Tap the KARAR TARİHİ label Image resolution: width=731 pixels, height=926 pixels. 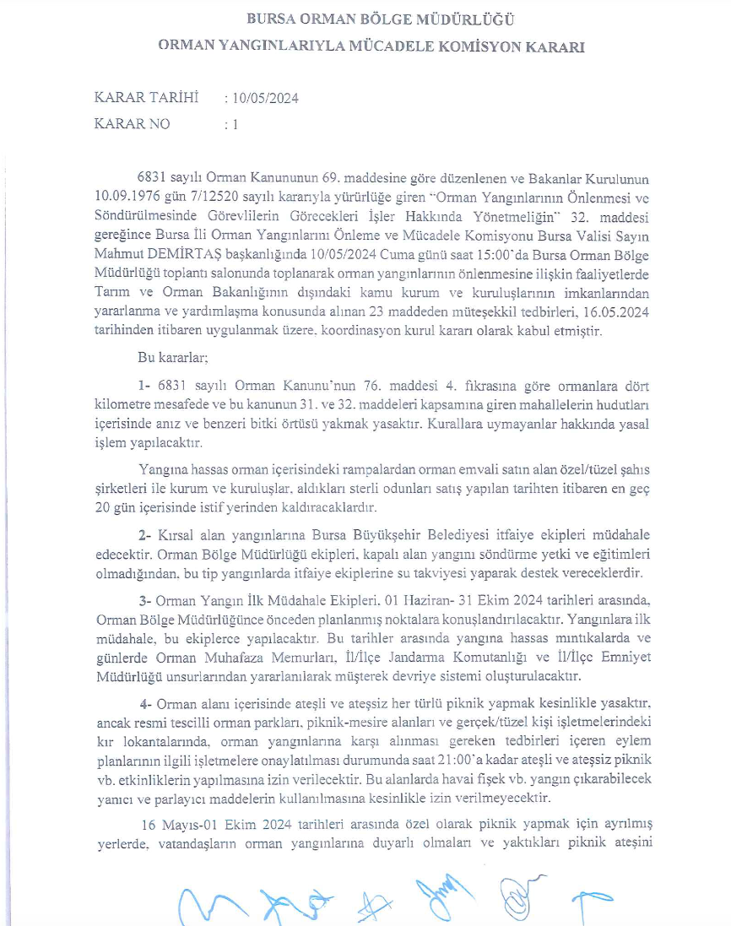(x=147, y=99)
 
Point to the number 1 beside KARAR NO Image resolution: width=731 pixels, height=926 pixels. (x=236, y=124)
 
